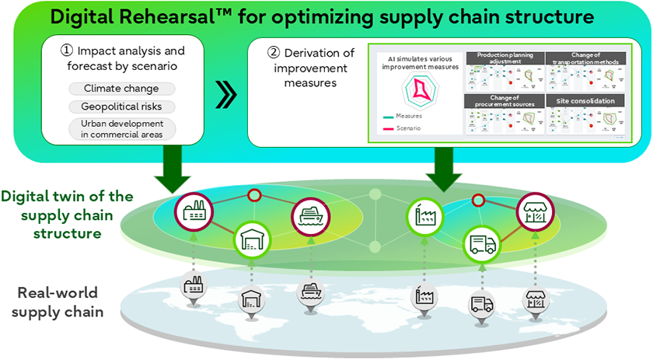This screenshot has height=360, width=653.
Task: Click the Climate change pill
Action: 121,89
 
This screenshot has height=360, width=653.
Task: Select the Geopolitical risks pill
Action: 121,107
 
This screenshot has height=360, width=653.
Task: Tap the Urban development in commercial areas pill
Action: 121,129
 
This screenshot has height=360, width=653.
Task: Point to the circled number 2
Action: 273,53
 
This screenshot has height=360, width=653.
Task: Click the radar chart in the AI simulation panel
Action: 421,91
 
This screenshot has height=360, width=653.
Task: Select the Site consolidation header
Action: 586,101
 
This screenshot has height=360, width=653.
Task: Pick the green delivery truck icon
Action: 480,245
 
